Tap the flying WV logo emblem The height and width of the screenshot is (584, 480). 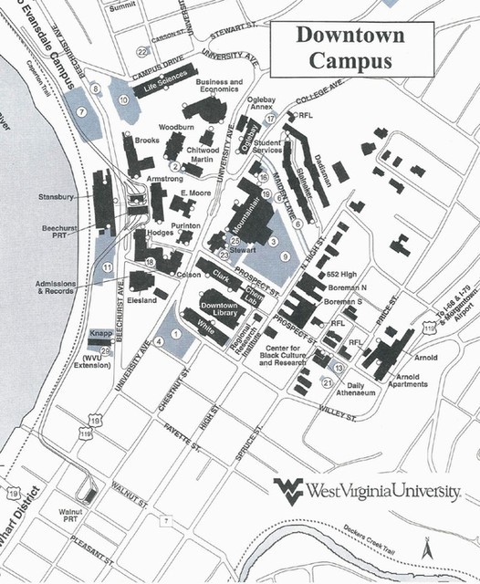[x=289, y=487]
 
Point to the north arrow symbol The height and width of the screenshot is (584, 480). [x=426, y=547]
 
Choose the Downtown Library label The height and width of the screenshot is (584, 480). [x=219, y=309]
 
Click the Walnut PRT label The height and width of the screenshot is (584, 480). [x=70, y=516]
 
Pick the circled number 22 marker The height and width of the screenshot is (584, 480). [x=142, y=51]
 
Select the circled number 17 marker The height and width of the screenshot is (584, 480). [x=270, y=120]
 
